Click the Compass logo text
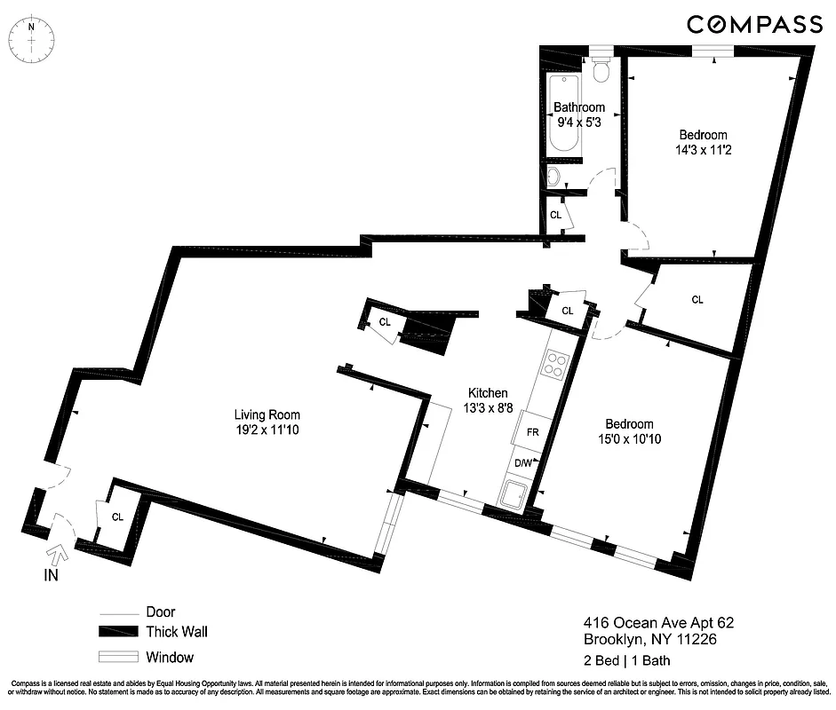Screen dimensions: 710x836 pyautogui.click(x=754, y=24)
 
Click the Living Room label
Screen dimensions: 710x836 pyautogui.click(x=267, y=414)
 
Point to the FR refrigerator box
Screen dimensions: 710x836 pyautogui.click(x=532, y=431)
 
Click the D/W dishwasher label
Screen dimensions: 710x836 pyautogui.click(x=523, y=462)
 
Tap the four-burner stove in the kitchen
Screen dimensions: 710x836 pyautogui.click(x=556, y=365)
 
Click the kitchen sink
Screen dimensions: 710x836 pyautogui.click(x=514, y=495)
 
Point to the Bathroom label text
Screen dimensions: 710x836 pyautogui.click(x=579, y=107)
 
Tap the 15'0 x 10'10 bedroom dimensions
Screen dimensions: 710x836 pyautogui.click(x=629, y=438)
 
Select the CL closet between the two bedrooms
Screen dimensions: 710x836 pyautogui.click(x=697, y=300)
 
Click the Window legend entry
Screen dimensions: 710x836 pyautogui.click(x=169, y=658)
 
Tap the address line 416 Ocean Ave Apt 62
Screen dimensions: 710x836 pyautogui.click(x=658, y=623)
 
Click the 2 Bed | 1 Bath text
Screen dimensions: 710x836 pyautogui.click(x=626, y=659)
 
